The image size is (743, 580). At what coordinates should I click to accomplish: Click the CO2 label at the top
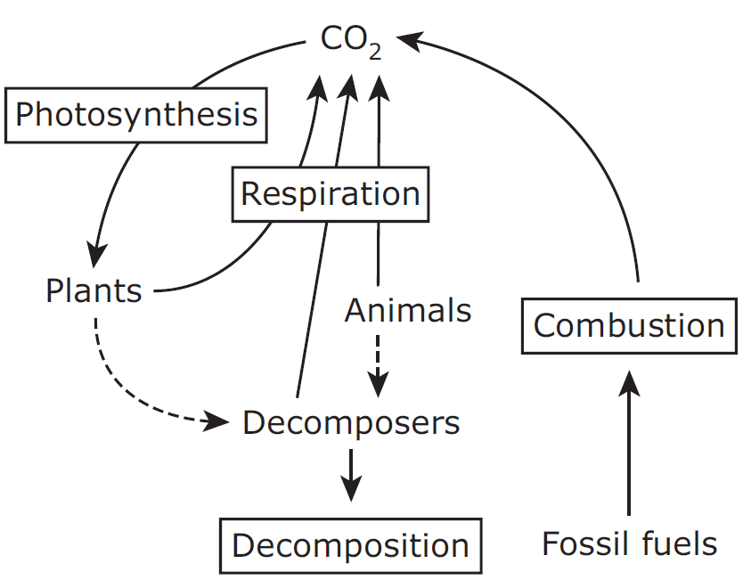tap(350, 41)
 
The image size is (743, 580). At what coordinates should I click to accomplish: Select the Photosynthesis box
tap(136, 114)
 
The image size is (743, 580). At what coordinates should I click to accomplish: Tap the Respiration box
tap(330, 193)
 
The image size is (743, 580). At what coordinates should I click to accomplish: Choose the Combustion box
tap(628, 325)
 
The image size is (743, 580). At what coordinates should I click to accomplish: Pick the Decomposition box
tap(350, 545)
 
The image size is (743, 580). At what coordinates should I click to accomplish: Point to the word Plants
tap(94, 290)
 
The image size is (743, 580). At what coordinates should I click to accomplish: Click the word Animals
tap(408, 310)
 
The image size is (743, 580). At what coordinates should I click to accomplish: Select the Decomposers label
tap(351, 422)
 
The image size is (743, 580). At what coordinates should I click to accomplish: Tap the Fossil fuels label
tap(629, 543)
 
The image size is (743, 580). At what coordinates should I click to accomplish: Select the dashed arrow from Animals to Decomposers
tap(379, 361)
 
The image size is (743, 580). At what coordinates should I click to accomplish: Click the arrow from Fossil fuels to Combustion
tap(629, 445)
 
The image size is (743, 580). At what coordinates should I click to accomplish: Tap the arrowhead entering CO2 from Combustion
tap(406, 39)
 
